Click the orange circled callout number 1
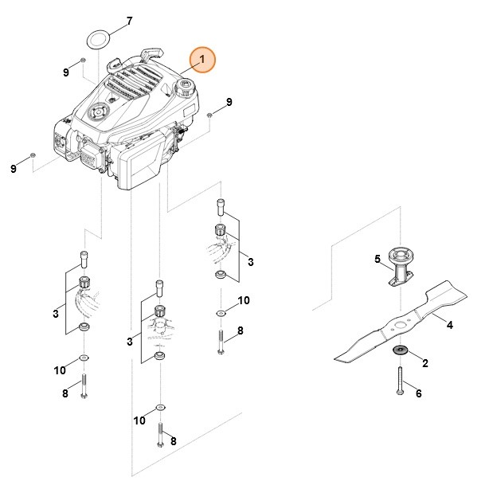201,60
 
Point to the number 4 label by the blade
449,325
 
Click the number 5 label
378,259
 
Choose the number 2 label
424,363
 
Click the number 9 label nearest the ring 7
67,72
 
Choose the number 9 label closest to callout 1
229,102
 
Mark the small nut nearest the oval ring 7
83,61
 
